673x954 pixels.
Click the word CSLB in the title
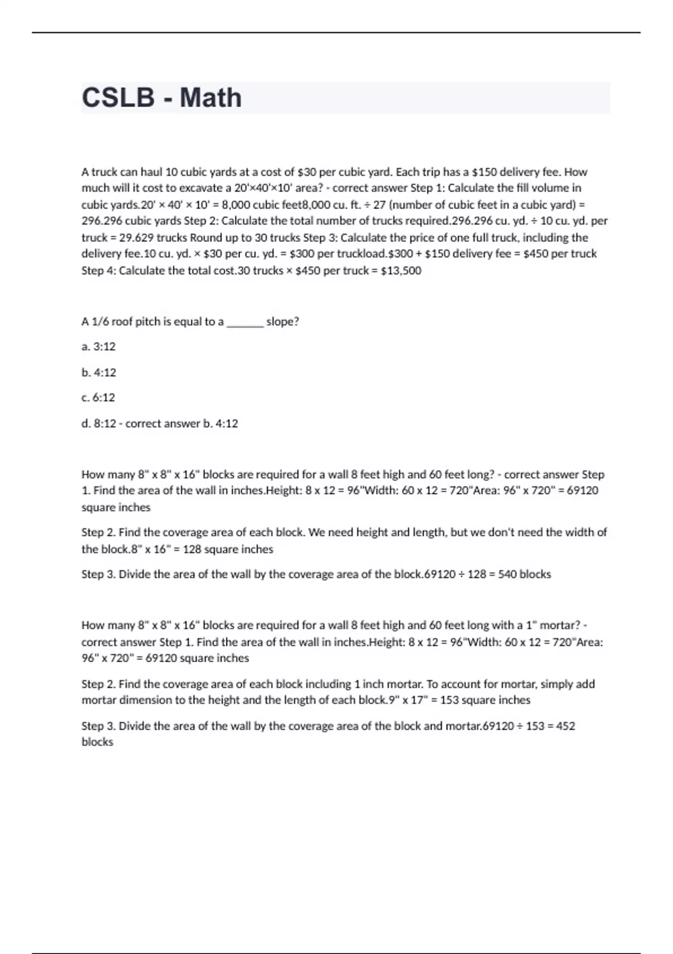tap(118, 98)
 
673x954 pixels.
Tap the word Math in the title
tap(211, 98)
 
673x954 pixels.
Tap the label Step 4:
tap(99, 270)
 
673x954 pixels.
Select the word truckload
tap(361, 254)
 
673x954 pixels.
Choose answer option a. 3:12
tap(99, 347)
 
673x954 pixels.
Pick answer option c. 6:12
tap(98, 398)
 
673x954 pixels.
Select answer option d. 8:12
tap(99, 424)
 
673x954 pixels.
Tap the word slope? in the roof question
tap(283, 322)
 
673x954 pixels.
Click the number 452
tap(566, 726)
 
